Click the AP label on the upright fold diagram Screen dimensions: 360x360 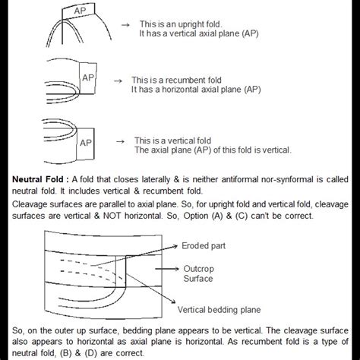(x=80, y=11)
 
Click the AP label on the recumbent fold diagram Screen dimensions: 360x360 (x=88, y=77)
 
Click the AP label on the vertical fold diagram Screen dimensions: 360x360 (x=86, y=143)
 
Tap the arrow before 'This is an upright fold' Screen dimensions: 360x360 (x=125, y=25)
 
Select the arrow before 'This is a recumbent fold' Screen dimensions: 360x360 (x=118, y=81)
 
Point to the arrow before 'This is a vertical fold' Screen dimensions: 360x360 (x=120, y=141)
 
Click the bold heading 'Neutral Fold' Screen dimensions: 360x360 (x=38, y=179)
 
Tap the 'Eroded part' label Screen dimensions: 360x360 (x=204, y=246)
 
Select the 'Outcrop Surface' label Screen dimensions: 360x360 (x=198, y=273)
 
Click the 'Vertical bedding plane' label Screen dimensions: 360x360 (x=219, y=310)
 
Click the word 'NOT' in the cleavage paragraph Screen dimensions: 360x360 (x=112, y=216)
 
